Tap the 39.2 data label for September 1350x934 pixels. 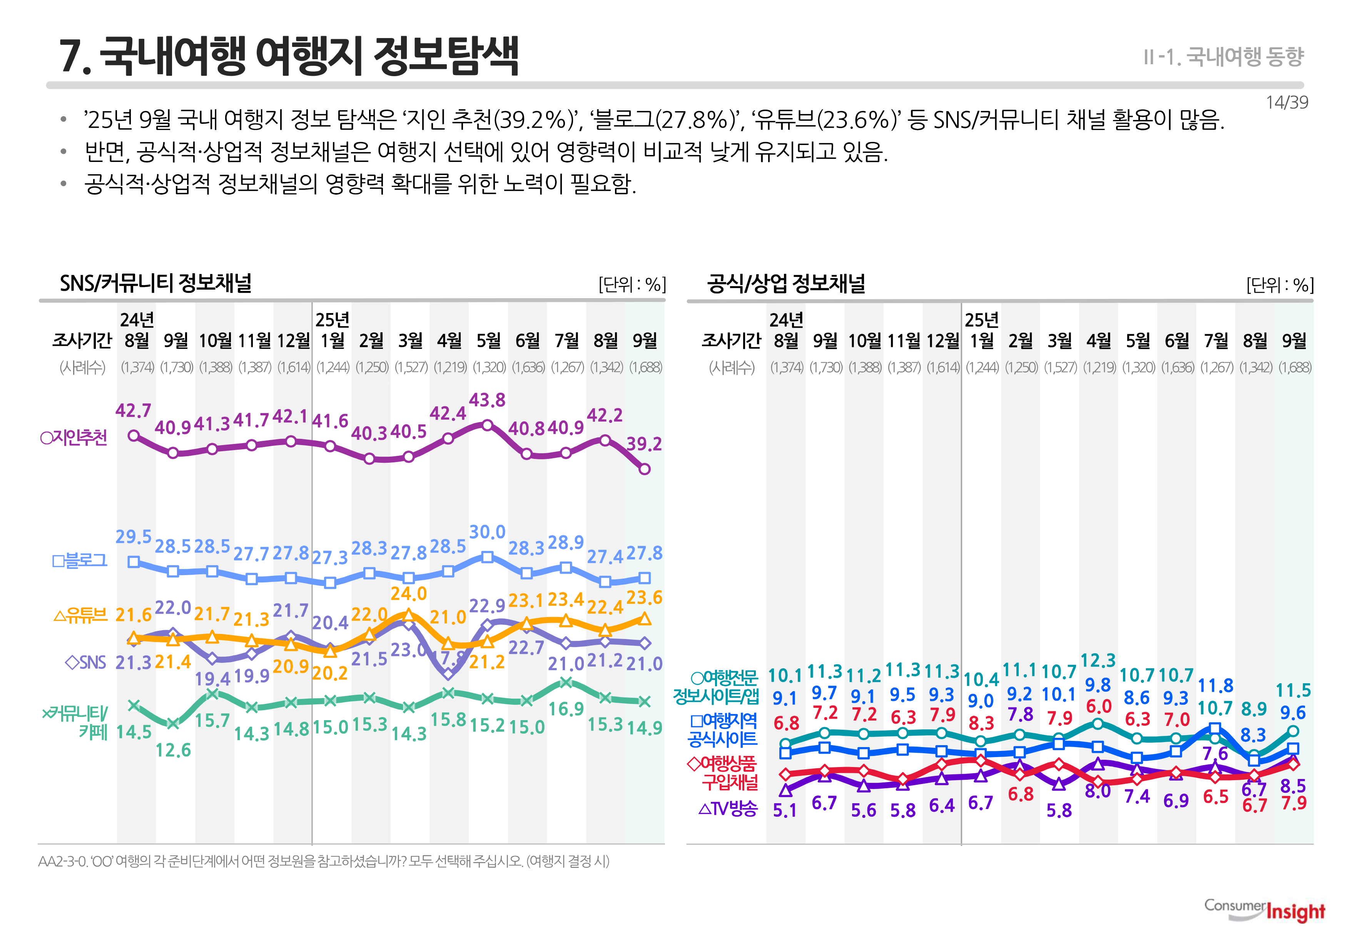click(643, 444)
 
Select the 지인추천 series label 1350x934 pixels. click(74, 438)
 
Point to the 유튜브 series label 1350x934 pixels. click(81, 615)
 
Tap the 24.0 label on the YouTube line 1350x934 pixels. click(409, 594)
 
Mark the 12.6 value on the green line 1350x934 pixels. click(173, 750)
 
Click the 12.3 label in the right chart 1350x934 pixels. click(1098, 661)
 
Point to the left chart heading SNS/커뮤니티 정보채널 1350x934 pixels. click(155, 283)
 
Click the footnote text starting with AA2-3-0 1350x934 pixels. click(323, 861)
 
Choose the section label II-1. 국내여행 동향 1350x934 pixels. click(1223, 57)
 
